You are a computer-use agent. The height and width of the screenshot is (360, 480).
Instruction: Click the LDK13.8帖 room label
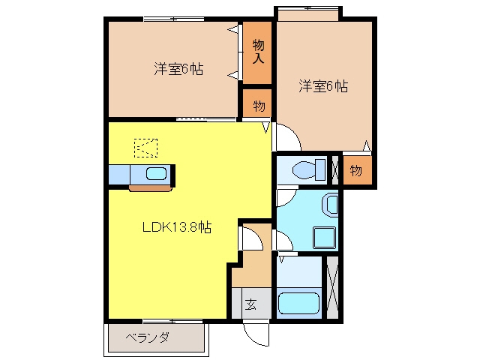[177, 227]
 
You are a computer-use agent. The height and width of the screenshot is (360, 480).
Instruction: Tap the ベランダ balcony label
[147, 337]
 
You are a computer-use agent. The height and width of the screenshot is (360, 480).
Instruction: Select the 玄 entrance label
[250, 304]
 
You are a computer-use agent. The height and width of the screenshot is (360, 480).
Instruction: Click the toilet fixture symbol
[308, 169]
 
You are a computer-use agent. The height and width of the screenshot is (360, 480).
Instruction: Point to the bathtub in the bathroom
[298, 303]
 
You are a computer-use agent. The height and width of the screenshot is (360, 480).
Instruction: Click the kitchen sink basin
[156, 173]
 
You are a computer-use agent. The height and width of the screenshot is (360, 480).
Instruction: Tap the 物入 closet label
[258, 52]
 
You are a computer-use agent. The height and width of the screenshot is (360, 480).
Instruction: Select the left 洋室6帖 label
[178, 69]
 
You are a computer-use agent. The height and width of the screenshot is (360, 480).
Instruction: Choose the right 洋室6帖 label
[323, 86]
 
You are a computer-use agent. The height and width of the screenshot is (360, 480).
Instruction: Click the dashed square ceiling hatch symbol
[146, 148]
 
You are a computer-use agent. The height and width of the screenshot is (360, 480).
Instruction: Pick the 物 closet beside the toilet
[356, 170]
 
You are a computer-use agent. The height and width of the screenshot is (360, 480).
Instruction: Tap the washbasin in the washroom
[330, 204]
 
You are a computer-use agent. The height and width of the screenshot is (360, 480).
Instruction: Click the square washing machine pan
[324, 238]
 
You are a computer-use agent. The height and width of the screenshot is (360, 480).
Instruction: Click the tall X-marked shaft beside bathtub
[332, 287]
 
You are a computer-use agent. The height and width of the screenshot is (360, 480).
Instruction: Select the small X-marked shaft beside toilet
[335, 170]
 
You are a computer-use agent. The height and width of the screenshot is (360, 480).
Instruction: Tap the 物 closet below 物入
[259, 106]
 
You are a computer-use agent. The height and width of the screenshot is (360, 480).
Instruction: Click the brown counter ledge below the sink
[151, 188]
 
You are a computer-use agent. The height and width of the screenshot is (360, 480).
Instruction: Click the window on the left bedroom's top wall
[174, 19]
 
